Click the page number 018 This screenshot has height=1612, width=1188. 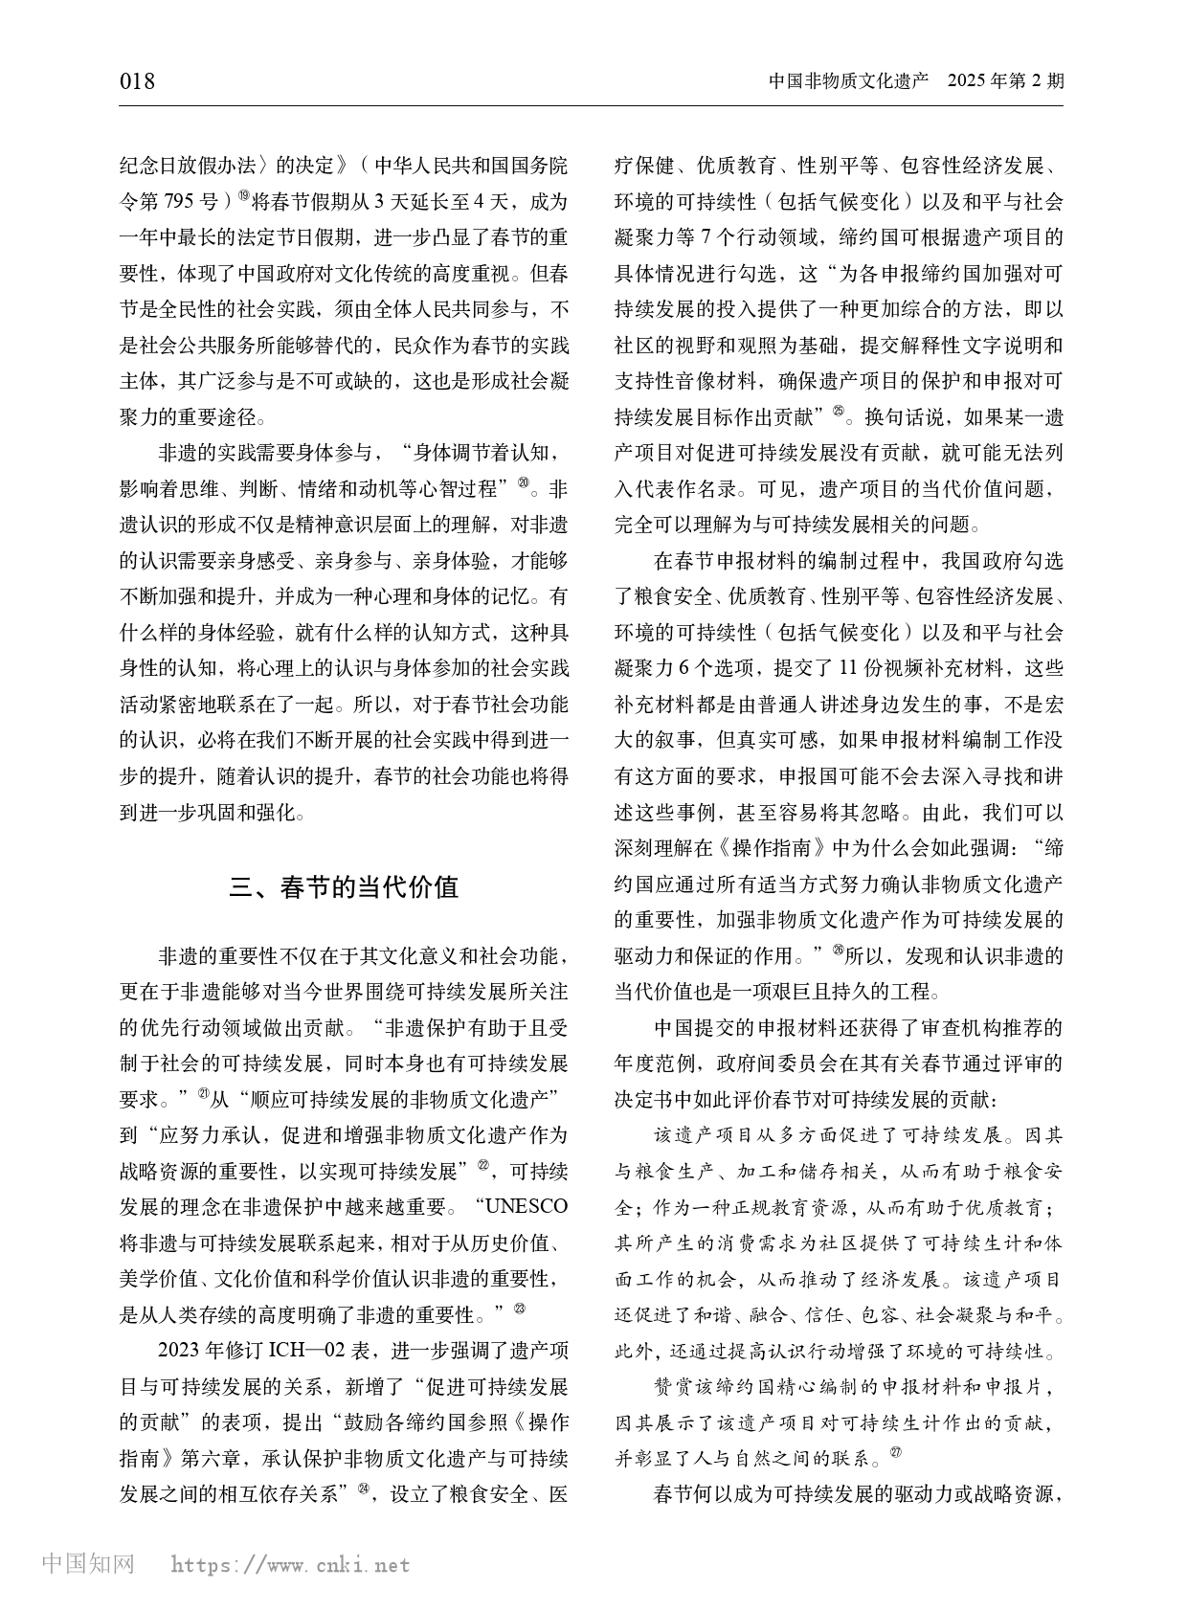point(137,81)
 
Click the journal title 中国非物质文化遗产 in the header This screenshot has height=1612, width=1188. point(849,81)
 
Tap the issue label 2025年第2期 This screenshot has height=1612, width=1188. point(1004,81)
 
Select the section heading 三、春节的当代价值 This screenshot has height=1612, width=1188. point(344,886)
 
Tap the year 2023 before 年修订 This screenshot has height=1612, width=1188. point(178,1351)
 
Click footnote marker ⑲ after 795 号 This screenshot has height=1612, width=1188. point(243,197)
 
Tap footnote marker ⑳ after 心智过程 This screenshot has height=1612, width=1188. point(523,484)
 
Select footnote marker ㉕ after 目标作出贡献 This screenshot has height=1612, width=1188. point(839,413)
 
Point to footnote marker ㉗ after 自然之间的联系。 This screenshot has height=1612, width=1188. point(895,1452)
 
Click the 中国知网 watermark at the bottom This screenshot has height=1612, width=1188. point(89,1563)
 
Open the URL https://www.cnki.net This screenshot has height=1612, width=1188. point(290,1565)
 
